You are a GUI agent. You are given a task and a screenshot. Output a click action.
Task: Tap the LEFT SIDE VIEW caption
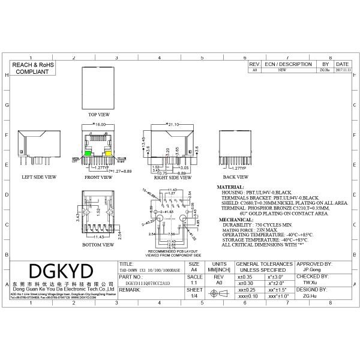click(38, 178)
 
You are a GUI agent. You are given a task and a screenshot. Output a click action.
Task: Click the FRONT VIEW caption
click(98, 178)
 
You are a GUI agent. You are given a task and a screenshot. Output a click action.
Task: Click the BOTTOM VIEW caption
click(98, 245)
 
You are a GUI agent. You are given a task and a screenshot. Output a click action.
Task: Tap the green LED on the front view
click(88, 154)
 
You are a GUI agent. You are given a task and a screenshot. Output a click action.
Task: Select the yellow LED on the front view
click(110, 154)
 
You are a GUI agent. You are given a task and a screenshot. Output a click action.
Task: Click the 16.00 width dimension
click(99, 124)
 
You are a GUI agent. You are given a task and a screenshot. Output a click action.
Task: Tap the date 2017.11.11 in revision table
click(342, 70)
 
